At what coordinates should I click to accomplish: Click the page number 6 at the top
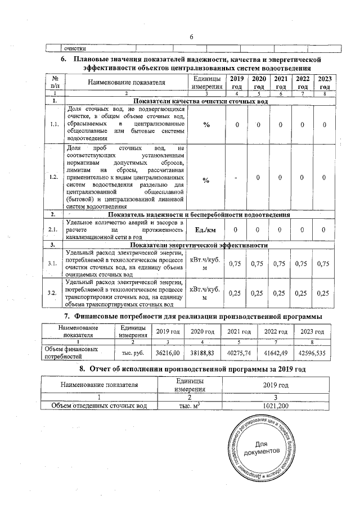click(191, 37)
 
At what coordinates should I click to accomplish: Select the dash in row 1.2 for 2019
click(237, 179)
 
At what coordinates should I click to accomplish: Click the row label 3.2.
click(52, 293)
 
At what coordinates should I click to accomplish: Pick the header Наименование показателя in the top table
click(126, 83)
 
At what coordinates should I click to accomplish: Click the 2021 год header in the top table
click(281, 83)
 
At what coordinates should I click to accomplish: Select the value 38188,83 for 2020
click(204, 352)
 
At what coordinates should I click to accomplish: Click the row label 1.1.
click(52, 124)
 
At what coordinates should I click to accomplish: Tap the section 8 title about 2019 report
click(191, 369)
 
